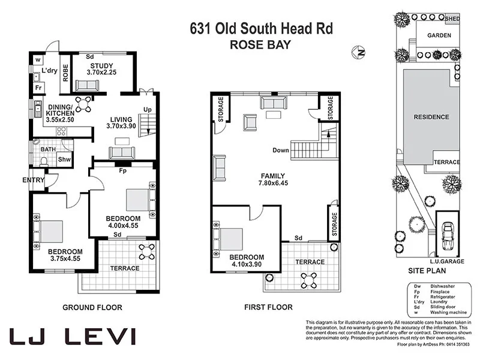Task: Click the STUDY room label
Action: (x=101, y=66)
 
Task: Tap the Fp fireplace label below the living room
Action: (x=123, y=171)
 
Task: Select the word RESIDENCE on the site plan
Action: (x=431, y=117)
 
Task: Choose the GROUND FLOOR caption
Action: (x=92, y=308)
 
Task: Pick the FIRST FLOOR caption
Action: (x=268, y=308)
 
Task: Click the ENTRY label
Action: (x=34, y=180)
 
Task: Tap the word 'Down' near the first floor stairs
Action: (x=281, y=150)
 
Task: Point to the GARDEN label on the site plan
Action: (x=439, y=35)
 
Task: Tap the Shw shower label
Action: (x=64, y=160)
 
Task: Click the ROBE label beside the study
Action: (x=65, y=71)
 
